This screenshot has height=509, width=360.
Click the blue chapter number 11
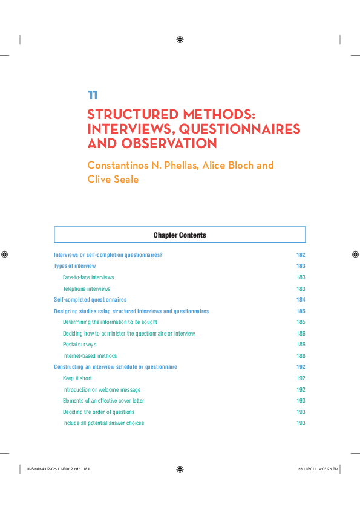[93, 95]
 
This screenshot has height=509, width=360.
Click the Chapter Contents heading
[180, 235]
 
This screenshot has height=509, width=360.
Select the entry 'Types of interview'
[74, 266]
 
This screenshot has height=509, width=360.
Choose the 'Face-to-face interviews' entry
[88, 277]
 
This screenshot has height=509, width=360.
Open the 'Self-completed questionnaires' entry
[90, 300]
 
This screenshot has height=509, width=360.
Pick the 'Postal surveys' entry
[79, 345]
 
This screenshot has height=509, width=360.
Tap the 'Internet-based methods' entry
[90, 356]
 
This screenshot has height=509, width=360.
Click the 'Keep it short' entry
[77, 378]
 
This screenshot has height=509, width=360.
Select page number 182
[301, 255]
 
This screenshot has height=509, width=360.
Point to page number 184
[301, 300]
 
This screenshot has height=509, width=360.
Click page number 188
[301, 356]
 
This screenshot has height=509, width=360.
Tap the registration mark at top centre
[180, 40]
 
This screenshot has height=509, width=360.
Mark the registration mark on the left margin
[5, 254]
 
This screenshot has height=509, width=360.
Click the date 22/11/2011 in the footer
[307, 468]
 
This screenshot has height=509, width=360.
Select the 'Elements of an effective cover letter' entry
[103, 401]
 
